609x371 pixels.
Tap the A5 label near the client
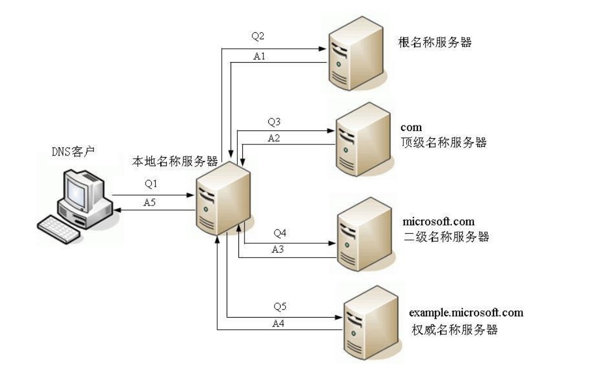149,203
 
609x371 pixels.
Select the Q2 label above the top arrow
258,37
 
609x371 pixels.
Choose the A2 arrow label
273,138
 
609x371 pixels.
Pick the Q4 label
279,233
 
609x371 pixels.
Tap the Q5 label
280,306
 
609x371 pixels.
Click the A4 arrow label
279,323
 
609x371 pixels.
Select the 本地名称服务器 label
174,162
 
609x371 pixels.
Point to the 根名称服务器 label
435,42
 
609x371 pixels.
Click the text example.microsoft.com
466,313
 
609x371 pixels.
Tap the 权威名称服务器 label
455,330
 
